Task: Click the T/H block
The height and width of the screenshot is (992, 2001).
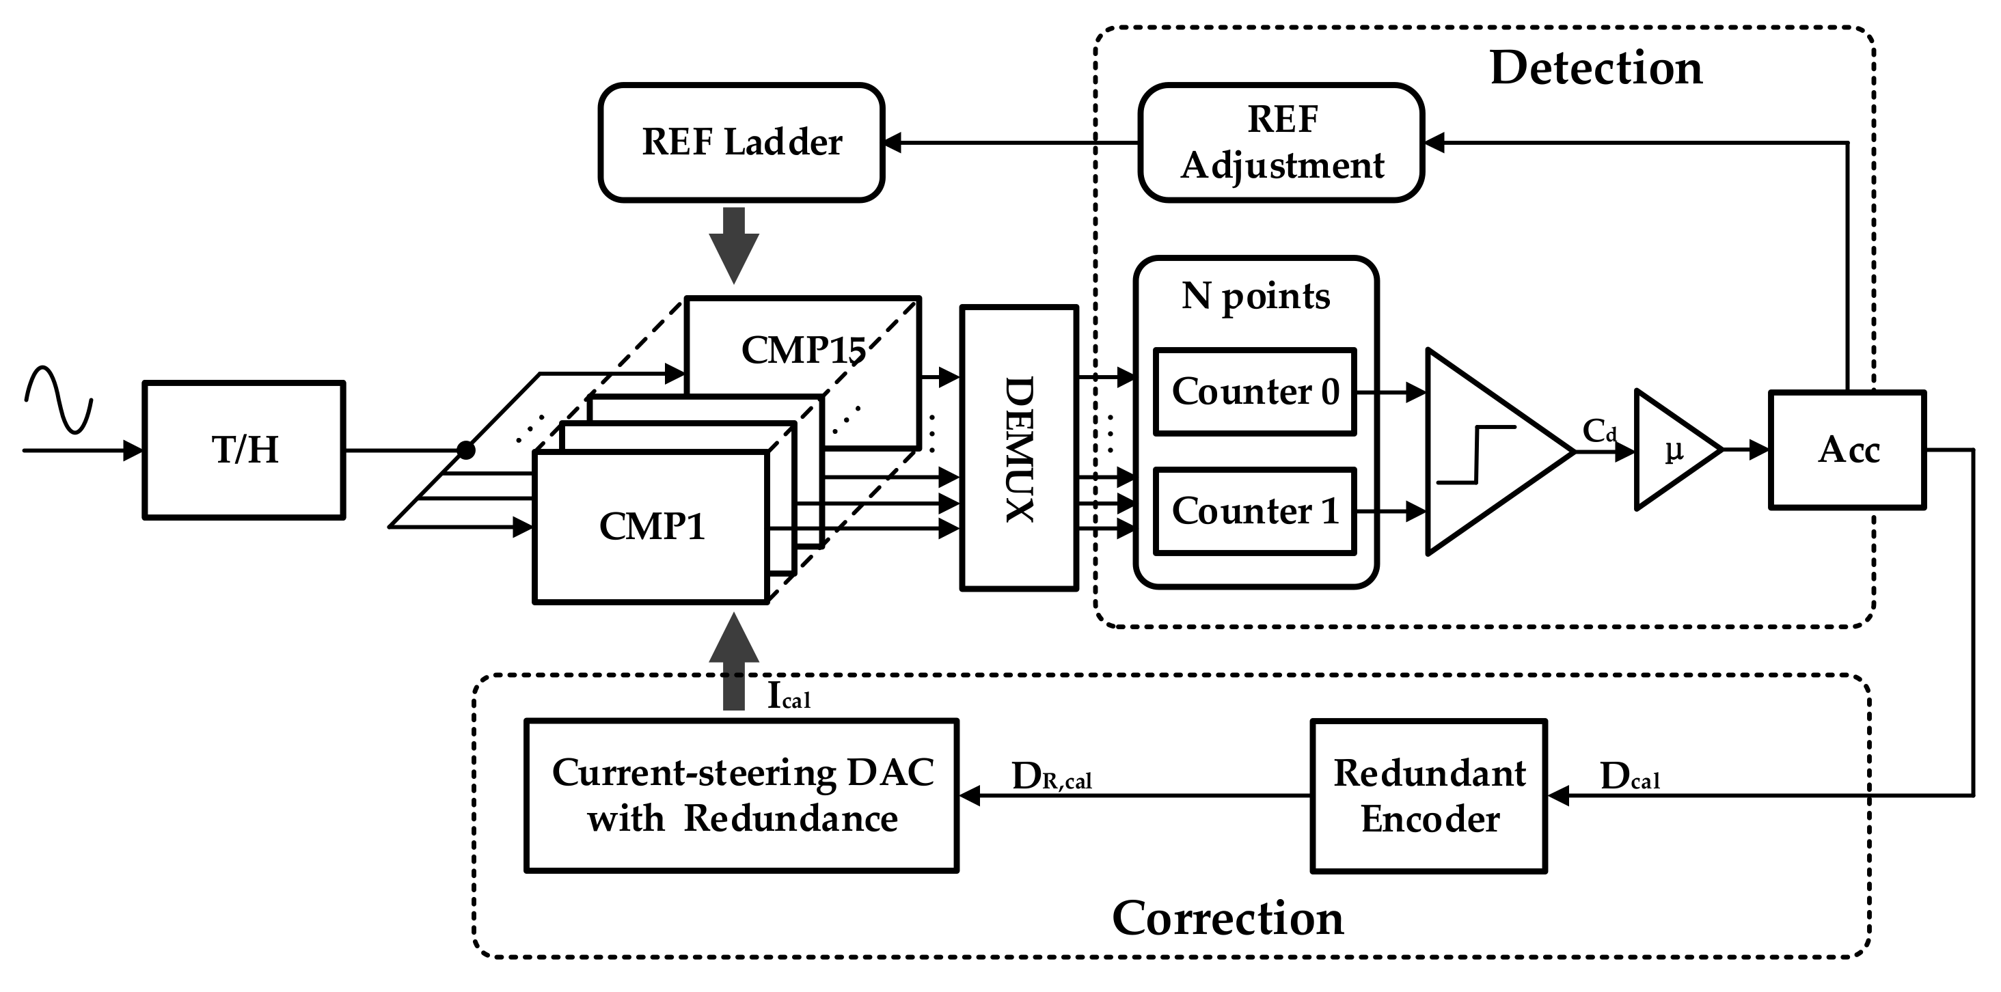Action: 244,450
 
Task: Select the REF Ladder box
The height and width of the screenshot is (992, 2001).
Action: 741,142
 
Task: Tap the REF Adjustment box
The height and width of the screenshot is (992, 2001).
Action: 1281,142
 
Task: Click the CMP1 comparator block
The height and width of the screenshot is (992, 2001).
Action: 651,527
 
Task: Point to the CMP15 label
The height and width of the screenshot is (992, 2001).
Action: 803,350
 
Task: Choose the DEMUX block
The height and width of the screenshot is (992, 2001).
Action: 1018,448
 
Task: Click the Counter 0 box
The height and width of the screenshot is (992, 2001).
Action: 1255,391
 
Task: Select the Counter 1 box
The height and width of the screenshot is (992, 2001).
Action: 1255,511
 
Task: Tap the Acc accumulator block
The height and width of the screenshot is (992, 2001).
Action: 1847,450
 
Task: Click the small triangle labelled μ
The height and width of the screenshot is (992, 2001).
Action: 1672,450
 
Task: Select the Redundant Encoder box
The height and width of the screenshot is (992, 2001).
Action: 1428,795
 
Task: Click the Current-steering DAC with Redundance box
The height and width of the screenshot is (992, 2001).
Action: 741,795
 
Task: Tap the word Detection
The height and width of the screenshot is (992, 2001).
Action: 1596,68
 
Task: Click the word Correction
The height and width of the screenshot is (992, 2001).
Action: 1227,918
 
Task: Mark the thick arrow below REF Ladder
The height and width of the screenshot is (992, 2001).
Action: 733,243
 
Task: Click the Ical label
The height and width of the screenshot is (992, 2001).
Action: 788,696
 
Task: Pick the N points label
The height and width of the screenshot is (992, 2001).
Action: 1255,297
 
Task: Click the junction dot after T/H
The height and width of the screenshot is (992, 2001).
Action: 465,450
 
